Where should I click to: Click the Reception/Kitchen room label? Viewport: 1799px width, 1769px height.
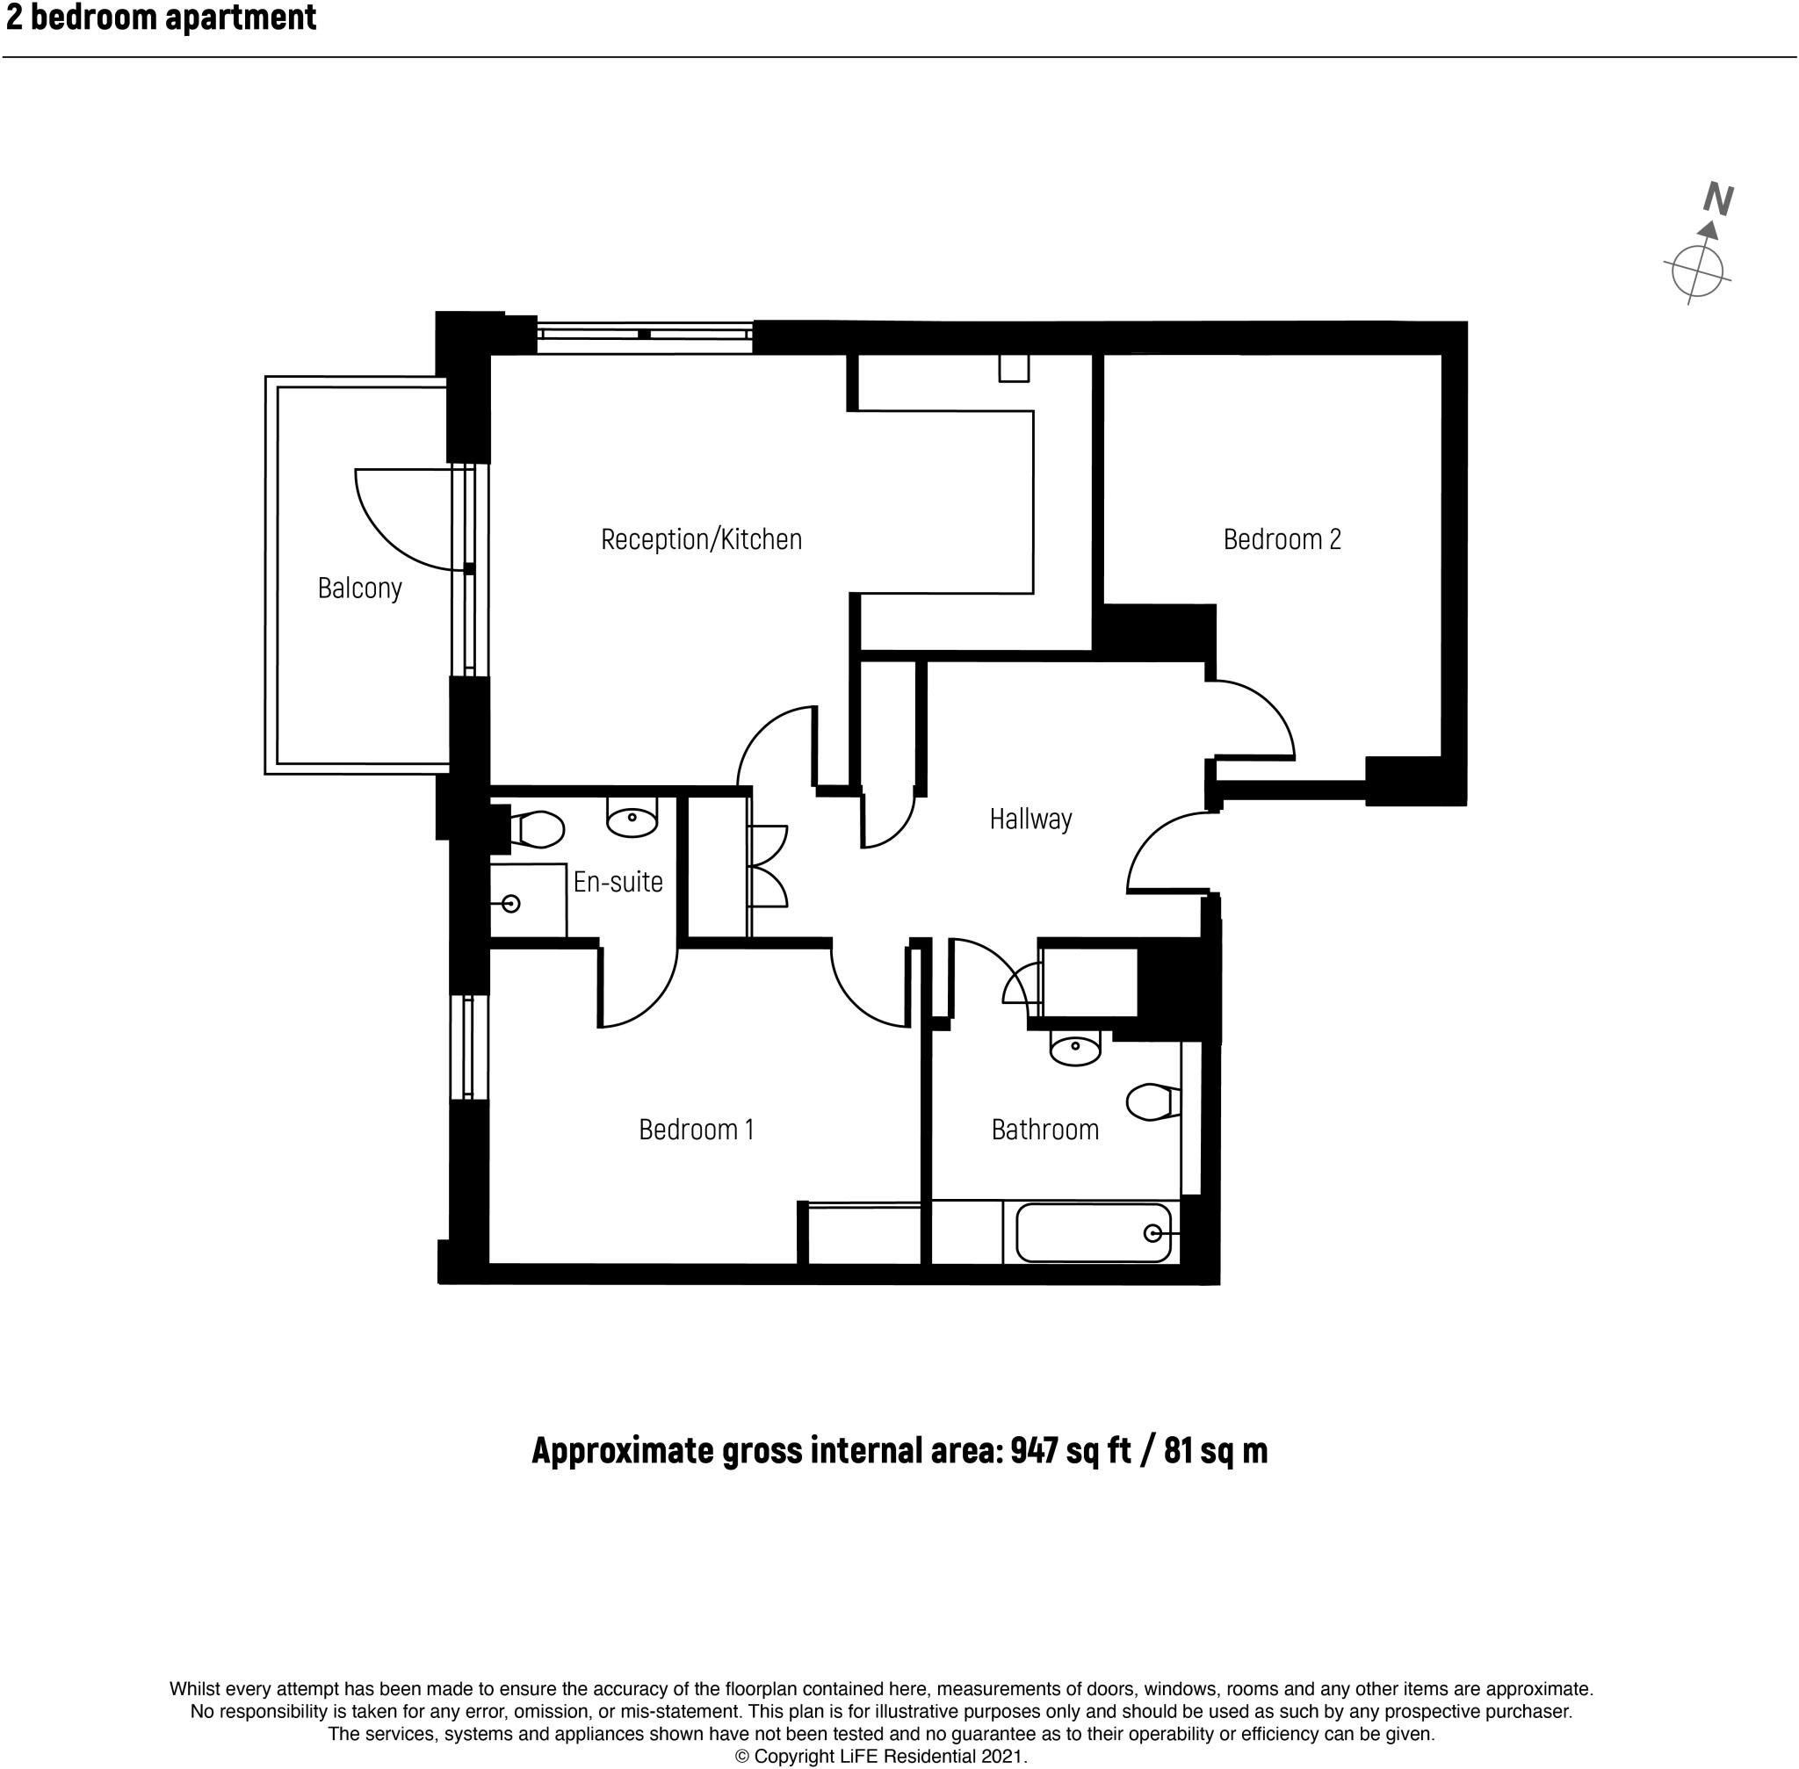pos(701,540)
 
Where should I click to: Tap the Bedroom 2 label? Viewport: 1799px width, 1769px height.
pos(1282,540)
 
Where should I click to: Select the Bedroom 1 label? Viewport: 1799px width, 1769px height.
pos(696,1130)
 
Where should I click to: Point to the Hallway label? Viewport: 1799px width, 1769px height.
pos(1030,820)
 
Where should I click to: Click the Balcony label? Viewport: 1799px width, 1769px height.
pos(359,588)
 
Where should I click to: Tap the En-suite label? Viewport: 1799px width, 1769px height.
pos(618,882)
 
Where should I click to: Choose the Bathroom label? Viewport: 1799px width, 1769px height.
pos(1044,1130)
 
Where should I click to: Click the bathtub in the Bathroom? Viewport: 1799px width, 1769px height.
pos(1093,1233)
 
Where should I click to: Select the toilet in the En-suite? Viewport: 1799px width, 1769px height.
pos(538,829)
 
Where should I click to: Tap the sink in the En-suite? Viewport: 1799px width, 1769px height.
pos(632,818)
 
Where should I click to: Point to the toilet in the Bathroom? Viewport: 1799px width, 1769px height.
pos(1152,1102)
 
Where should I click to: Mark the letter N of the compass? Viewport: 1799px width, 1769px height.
pos(1718,199)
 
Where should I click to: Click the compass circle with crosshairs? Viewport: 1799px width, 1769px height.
pos(1697,272)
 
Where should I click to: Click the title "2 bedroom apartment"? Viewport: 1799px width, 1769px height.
pos(162,18)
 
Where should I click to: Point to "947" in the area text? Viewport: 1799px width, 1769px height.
pos(1033,1450)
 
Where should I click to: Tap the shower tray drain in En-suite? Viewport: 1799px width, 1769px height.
pos(510,903)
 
